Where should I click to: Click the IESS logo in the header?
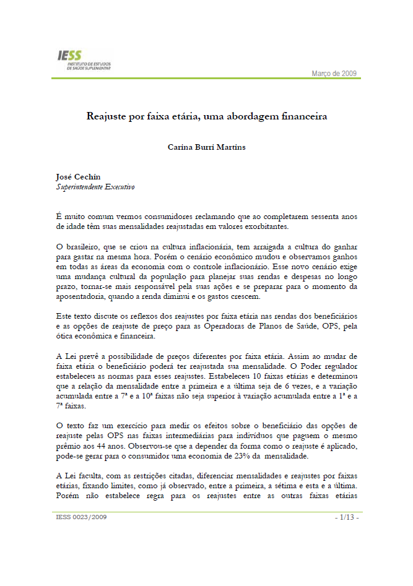tap(81, 61)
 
